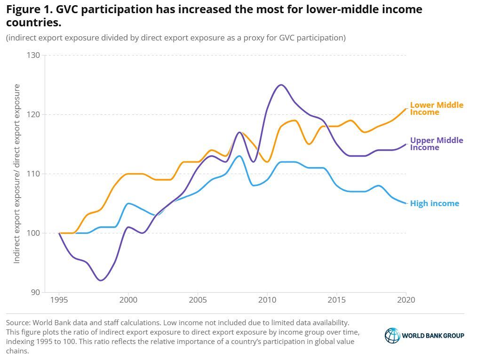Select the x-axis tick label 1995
[59, 300]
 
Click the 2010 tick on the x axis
[267, 300]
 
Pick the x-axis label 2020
[405, 300]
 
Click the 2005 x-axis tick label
[198, 300]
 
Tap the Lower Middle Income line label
[436, 109]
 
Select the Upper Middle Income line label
[436, 144]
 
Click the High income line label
[434, 204]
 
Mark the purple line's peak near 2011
[281, 85]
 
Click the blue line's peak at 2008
[239, 156]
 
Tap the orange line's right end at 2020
[405, 109]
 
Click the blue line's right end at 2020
[405, 203]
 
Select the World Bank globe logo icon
[392, 336]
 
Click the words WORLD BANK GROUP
[433, 336]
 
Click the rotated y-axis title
[17, 174]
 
